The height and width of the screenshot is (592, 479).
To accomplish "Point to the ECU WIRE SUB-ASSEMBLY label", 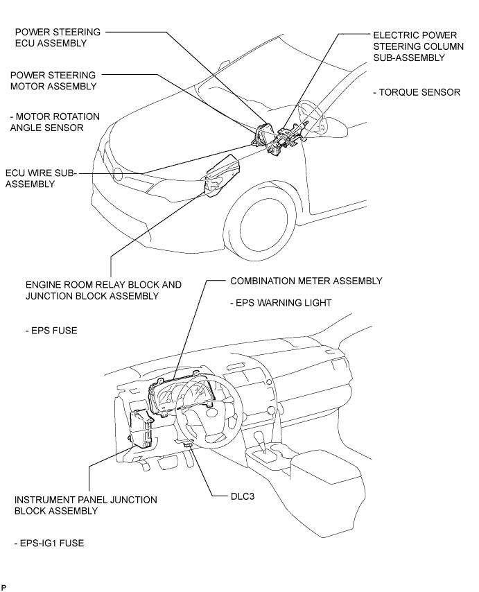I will pos(41,178).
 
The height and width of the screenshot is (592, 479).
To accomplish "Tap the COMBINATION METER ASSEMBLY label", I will pos(306,281).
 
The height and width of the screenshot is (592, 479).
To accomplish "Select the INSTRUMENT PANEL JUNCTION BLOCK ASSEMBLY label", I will pos(85,505).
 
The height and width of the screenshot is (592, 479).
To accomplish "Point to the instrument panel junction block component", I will pos(142,429).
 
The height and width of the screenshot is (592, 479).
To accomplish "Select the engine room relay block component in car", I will pos(221,176).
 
